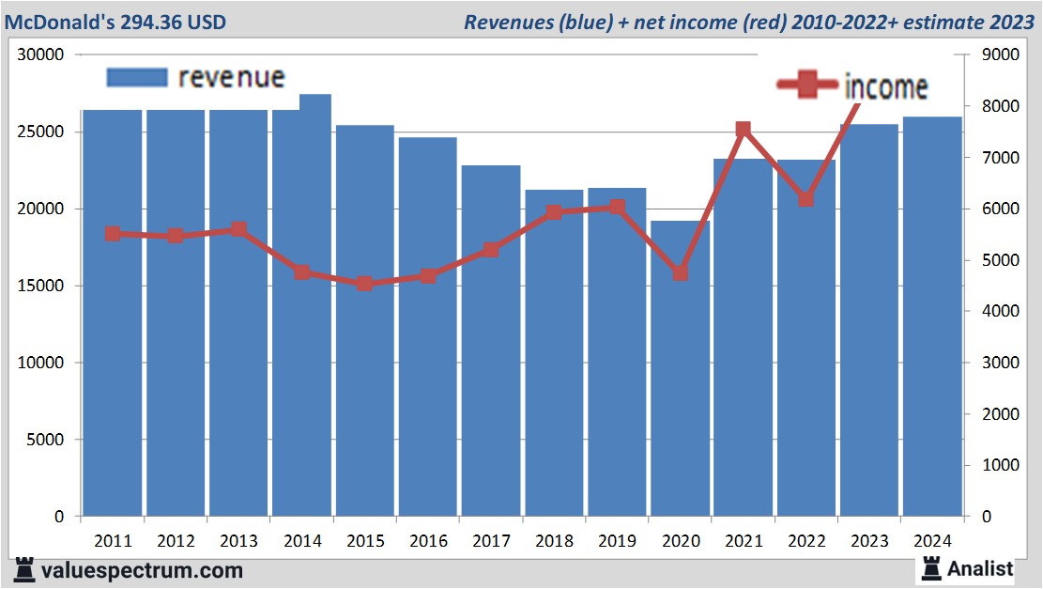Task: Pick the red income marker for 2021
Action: click(x=744, y=130)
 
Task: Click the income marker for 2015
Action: click(x=365, y=283)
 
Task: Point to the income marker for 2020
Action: click(x=681, y=272)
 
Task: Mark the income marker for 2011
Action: click(x=113, y=234)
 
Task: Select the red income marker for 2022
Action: click(x=805, y=199)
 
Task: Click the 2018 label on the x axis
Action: click(x=554, y=541)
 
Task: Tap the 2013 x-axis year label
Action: click(x=238, y=541)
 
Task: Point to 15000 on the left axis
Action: click(x=43, y=286)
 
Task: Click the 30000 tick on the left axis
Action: click(x=43, y=54)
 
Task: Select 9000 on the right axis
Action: click(x=999, y=54)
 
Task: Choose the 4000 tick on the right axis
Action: click(x=999, y=311)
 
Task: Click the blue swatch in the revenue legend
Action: click(x=137, y=77)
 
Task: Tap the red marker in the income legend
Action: click(x=805, y=85)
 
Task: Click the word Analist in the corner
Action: click(x=980, y=568)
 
